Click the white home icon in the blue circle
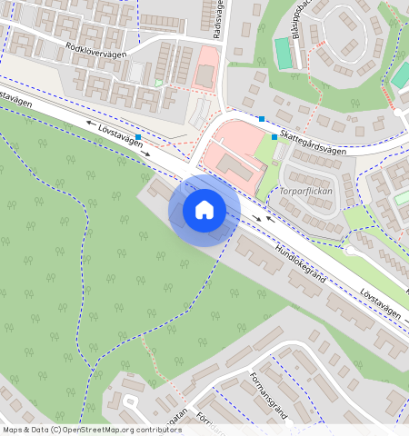click(x=204, y=210)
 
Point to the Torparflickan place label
click(x=305, y=192)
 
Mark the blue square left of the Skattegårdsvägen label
click(x=274, y=136)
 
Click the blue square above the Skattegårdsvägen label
click(x=262, y=119)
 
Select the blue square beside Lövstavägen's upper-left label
click(x=138, y=137)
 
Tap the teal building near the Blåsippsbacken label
click(x=284, y=54)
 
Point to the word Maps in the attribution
click(x=13, y=430)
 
